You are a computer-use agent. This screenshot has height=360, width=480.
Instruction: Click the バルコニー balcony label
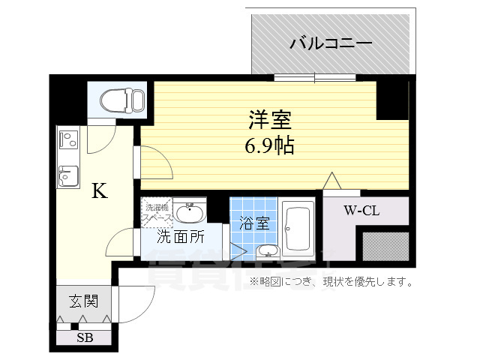coord(331,43)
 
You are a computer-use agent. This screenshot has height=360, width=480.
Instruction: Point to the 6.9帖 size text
coord(269,145)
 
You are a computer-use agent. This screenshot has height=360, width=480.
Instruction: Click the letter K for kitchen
coord(99,191)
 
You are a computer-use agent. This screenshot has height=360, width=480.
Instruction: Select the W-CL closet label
coord(361,211)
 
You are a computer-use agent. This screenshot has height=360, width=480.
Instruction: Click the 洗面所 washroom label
coord(181,237)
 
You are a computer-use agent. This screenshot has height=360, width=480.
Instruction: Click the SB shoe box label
coord(85,337)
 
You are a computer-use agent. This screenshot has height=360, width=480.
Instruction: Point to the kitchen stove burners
coord(67,139)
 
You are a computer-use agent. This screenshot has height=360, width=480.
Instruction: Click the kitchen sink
coord(67,175)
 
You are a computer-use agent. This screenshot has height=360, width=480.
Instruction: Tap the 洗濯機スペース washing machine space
coord(157,211)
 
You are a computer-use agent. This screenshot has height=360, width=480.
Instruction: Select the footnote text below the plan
coord(332,282)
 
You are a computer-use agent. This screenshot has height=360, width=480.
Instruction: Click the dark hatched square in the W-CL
coord(385,246)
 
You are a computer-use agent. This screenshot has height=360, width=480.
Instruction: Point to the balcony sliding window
coord(314,77)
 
